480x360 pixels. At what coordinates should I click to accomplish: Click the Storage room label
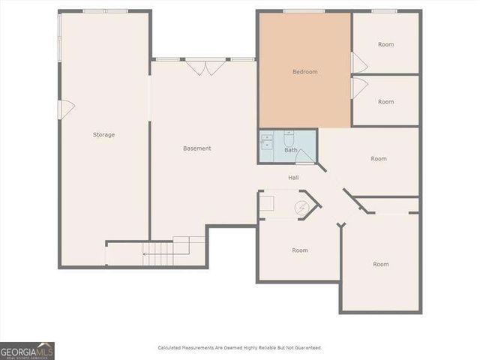pyautogui.click(x=103, y=135)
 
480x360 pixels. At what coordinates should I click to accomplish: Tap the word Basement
pyautogui.click(x=197, y=148)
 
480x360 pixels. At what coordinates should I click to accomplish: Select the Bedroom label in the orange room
pyautogui.click(x=305, y=72)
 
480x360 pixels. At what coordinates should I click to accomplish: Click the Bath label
pyautogui.click(x=290, y=150)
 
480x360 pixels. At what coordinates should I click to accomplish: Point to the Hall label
pyautogui.click(x=294, y=178)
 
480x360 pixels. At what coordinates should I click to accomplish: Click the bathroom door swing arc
pyautogui.click(x=305, y=156)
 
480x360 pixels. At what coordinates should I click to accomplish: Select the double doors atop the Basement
pyautogui.click(x=205, y=67)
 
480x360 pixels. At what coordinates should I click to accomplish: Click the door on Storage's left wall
pyautogui.click(x=66, y=109)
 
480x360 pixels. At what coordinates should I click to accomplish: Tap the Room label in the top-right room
pyautogui.click(x=385, y=45)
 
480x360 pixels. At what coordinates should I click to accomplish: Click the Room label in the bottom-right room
pyautogui.click(x=381, y=264)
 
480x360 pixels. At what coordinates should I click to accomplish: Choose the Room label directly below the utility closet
pyautogui.click(x=300, y=250)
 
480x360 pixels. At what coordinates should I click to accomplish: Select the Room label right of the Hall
pyautogui.click(x=379, y=159)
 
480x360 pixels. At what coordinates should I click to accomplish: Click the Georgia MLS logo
pyautogui.click(x=27, y=351)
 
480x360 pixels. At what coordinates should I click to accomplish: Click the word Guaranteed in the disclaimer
pyautogui.click(x=306, y=348)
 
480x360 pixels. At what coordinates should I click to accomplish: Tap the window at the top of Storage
pyautogui.click(x=105, y=11)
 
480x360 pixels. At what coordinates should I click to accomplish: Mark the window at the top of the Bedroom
pyautogui.click(x=304, y=11)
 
